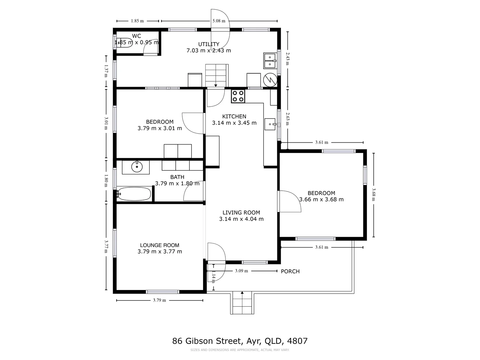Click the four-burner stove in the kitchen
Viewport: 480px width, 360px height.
tap(238, 96)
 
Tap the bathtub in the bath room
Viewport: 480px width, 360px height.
tap(134, 194)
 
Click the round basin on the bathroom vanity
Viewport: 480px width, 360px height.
tap(137, 167)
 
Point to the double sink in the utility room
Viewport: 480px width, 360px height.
tap(269, 60)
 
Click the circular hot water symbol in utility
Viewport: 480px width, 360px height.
tap(270, 80)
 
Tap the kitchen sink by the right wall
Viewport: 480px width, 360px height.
tap(270, 124)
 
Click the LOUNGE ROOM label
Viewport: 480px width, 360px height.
tap(160, 245)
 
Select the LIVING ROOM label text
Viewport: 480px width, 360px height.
tap(241, 213)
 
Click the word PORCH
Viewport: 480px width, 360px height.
tap(290, 271)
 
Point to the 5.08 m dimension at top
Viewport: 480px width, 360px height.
tap(219, 21)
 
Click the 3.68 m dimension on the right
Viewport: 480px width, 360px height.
tap(373, 195)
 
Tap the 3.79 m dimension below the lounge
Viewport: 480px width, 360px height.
tap(159, 300)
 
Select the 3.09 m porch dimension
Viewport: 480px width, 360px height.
tap(241, 271)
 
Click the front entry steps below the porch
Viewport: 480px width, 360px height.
tap(242, 304)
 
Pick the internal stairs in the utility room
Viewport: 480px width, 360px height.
tap(216, 75)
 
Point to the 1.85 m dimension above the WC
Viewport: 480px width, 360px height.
tap(137, 21)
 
